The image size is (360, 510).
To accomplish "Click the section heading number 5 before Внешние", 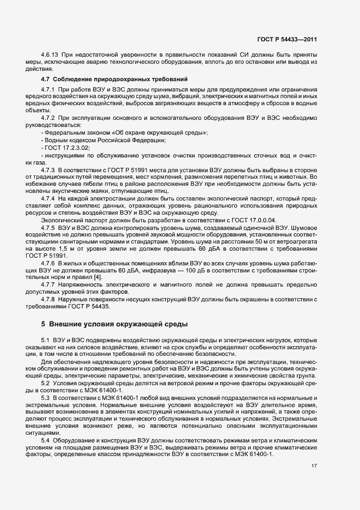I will (43, 325).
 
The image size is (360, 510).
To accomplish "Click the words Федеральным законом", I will (74, 133).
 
